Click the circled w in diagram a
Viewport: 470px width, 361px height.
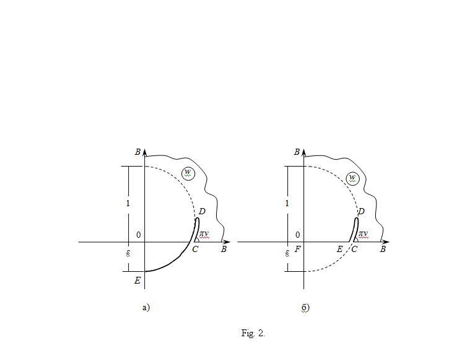(188, 173)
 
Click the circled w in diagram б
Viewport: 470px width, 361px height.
(353, 178)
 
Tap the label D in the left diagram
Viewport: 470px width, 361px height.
(202, 211)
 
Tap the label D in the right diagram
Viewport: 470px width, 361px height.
(361, 211)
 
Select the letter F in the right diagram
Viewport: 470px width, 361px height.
(297, 249)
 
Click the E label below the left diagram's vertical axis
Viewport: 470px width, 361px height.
(137, 281)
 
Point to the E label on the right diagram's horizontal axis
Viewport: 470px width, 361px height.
(339, 249)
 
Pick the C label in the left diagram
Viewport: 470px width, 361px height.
(195, 249)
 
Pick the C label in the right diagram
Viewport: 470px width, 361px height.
(354, 249)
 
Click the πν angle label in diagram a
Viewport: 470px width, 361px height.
(204, 234)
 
